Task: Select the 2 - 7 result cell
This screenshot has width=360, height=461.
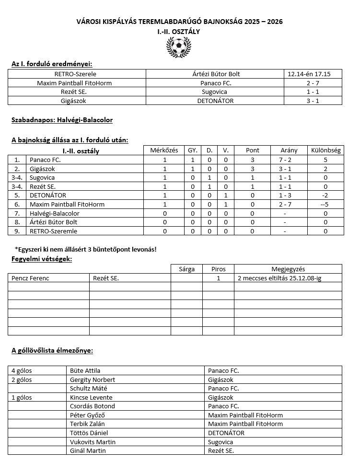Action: click(314, 83)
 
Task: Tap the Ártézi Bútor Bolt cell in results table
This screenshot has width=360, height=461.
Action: click(215, 74)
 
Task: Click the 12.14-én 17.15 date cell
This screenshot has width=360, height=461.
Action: click(314, 74)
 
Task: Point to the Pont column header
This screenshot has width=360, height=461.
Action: click(252, 150)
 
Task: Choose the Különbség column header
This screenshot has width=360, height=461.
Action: click(325, 150)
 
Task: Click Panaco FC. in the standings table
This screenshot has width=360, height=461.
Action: click(45, 160)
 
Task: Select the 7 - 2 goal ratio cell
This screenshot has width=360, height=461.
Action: click(289, 160)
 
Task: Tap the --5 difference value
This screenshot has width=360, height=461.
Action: click(325, 204)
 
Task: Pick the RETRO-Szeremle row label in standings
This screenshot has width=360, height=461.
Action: click(53, 231)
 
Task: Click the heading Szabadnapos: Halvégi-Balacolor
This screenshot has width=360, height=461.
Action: click(62, 120)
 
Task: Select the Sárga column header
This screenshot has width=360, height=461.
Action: click(186, 269)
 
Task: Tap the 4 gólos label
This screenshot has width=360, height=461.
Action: click(22, 370)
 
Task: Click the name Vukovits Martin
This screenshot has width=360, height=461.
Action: click(93, 442)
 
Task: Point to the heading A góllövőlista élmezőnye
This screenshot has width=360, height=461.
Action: click(52, 350)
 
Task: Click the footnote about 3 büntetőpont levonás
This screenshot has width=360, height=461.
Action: click(86, 250)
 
